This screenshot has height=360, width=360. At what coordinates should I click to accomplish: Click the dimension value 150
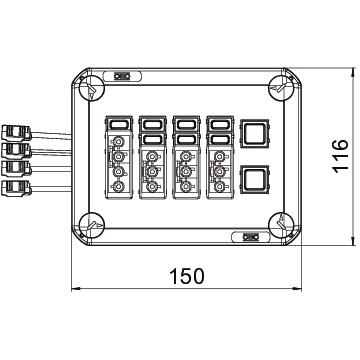pos(187,276)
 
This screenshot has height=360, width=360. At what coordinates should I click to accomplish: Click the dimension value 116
pos(341,156)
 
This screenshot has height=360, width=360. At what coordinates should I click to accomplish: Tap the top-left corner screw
pos(92,87)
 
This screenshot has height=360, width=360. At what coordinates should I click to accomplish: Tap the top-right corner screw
pos(281,87)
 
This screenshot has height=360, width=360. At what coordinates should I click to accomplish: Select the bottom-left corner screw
pos(92,225)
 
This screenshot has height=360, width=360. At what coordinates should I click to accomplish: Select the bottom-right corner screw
pos(281,225)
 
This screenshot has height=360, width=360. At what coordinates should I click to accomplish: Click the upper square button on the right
pos(254,133)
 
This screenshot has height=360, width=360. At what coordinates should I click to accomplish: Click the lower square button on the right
pos(254,179)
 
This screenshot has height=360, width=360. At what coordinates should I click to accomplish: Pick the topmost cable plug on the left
pos(16,132)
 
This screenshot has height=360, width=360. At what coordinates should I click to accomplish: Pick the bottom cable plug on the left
pos(16,188)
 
